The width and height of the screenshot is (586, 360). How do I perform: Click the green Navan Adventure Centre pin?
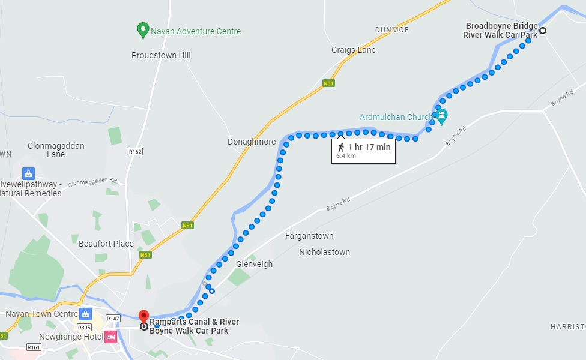[x=143, y=29]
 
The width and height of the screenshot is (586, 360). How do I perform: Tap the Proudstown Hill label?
[x=161, y=55]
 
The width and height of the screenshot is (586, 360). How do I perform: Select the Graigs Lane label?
[x=354, y=50]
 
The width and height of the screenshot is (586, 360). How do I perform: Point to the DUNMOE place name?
[x=392, y=29]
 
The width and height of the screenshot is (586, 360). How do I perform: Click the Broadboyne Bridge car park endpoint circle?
[x=542, y=31]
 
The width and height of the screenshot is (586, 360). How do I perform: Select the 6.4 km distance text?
[x=346, y=155]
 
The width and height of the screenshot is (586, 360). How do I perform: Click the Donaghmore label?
[x=252, y=142]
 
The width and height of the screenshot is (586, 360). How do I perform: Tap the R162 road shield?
[x=135, y=152]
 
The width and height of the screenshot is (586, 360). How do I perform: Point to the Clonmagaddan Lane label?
[x=56, y=150]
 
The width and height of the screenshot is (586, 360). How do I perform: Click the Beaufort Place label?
[x=106, y=244]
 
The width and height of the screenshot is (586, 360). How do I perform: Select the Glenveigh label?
[x=255, y=264]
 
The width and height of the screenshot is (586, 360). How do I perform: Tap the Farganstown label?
[x=309, y=236]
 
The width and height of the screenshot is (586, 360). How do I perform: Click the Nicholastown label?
[x=324, y=252]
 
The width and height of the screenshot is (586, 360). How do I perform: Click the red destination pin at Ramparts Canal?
[x=143, y=316]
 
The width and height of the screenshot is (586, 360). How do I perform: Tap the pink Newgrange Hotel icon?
[x=110, y=337]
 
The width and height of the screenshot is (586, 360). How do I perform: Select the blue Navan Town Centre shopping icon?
[x=86, y=314]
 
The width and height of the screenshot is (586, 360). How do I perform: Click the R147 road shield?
[x=113, y=318]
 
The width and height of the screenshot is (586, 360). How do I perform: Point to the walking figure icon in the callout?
[x=340, y=147]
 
